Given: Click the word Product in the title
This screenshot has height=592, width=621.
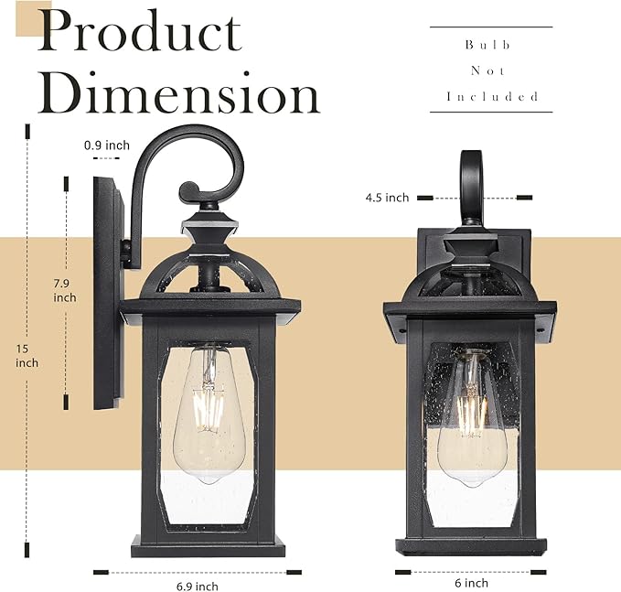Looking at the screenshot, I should pyautogui.click(x=139, y=33).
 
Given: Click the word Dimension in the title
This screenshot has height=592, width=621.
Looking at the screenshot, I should pyautogui.click(x=179, y=95).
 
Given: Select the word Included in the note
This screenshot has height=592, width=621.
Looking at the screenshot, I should pyautogui.click(x=491, y=96).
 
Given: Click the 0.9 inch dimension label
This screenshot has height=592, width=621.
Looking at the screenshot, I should pyautogui.click(x=106, y=145).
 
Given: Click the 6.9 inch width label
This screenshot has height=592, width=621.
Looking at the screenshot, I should pyautogui.click(x=197, y=587).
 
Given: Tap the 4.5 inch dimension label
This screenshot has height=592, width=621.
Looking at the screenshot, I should pyautogui.click(x=387, y=198).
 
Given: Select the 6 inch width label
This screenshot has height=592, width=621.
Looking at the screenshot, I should pyautogui.click(x=472, y=583).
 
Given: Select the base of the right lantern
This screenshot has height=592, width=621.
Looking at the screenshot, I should pyautogui.click(x=471, y=545).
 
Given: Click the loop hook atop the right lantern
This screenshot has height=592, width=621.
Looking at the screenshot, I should pyautogui.click(x=471, y=183).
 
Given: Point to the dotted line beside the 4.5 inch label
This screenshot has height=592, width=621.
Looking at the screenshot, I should pyautogui.click(x=475, y=198).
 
